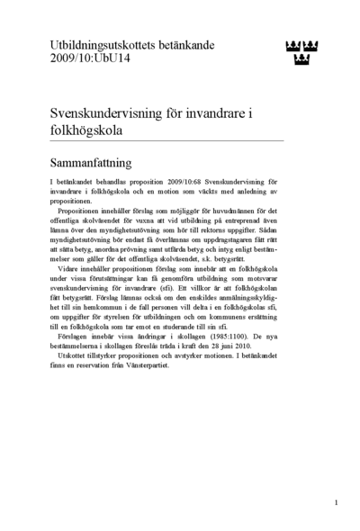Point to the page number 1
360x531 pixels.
tap(336, 501)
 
